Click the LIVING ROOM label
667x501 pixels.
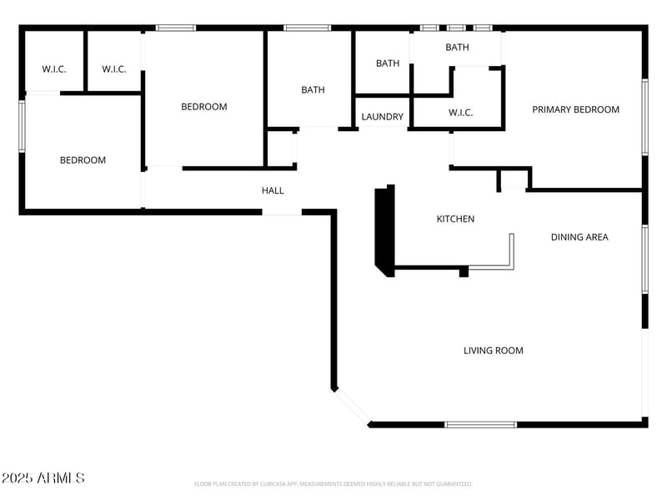(494, 351)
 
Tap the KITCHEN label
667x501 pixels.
(455, 219)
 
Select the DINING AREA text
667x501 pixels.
(579, 237)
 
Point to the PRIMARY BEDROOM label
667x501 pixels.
(576, 109)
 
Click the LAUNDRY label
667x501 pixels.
(383, 117)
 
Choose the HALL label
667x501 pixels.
(273, 190)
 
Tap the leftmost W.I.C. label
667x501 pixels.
(54, 68)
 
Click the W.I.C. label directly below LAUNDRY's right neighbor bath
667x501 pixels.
(461, 112)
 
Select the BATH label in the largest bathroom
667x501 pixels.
(313, 90)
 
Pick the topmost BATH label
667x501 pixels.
(457, 48)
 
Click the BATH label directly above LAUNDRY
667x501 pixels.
(388, 63)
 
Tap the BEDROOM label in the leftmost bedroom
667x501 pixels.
(83, 160)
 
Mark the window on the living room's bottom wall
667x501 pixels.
(480, 424)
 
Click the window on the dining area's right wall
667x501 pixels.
(644, 259)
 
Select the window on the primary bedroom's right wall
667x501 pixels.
(644, 117)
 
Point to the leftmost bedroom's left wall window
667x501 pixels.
(23, 126)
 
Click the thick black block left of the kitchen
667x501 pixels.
(384, 229)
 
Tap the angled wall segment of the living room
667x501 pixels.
(352, 407)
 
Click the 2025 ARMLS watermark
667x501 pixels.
(43, 478)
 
